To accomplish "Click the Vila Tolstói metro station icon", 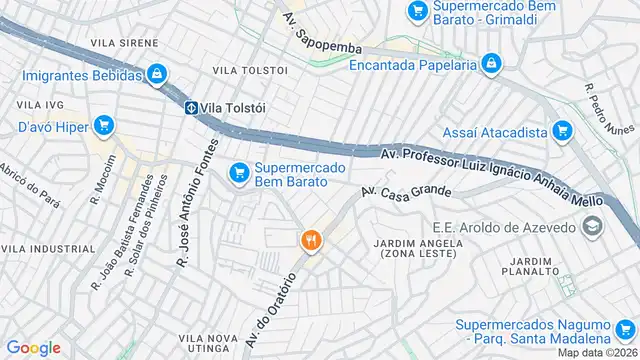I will pyautogui.click(x=190, y=107).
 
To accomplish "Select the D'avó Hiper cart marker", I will pyautogui.click(x=103, y=126).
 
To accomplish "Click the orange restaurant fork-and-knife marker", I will pyautogui.click(x=311, y=240).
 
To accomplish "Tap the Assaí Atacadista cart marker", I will pyautogui.click(x=561, y=131).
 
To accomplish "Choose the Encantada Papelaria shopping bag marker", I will pyautogui.click(x=490, y=65).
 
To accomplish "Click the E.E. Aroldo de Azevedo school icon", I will pyautogui.click(x=594, y=227).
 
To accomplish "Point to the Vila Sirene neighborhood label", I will pyautogui.click(x=124, y=44).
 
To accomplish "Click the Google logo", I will pyautogui.click(x=33, y=347).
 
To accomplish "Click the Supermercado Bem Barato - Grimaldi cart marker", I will pyautogui.click(x=418, y=11).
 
